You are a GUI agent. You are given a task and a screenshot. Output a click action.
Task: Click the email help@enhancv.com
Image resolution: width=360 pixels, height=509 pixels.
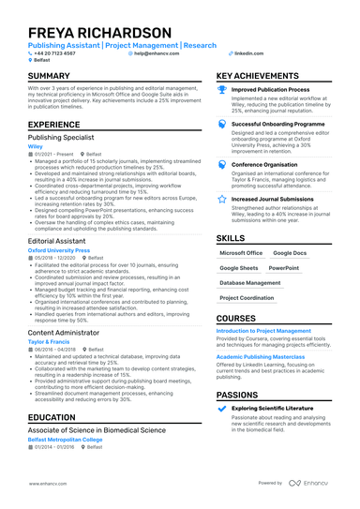coord(155,54)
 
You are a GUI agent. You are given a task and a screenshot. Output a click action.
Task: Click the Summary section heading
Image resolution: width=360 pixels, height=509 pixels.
coord(54,76)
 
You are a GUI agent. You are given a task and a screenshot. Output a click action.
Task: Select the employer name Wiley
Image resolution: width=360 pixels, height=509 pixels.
coord(35,147)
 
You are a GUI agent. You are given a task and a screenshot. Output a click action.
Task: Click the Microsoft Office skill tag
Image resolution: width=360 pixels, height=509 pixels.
coord(241,253)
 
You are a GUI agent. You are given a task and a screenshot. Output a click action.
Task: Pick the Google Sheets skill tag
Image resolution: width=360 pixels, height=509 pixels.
coord(238,268)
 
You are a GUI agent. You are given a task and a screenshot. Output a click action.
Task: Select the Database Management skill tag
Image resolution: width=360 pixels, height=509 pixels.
coord(249,282)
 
